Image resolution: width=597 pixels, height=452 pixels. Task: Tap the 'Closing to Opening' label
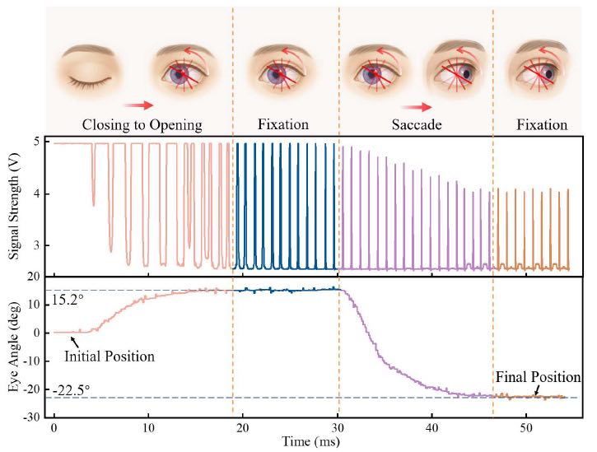(142, 124)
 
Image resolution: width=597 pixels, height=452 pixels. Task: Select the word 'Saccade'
(417, 124)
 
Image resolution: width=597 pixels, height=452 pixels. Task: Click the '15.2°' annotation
(68, 300)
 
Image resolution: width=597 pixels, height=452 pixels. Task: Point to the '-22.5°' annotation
(71, 391)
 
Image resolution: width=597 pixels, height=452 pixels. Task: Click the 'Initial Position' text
(110, 356)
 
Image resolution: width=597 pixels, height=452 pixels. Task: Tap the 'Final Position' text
(538, 377)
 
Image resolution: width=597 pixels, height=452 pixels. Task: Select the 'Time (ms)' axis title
(310, 442)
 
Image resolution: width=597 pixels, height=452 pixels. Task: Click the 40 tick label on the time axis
(431, 427)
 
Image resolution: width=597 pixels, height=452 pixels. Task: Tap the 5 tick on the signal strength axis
(37, 142)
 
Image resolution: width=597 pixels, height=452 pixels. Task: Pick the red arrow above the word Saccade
(417, 107)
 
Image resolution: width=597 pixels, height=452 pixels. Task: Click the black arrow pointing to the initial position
(76, 341)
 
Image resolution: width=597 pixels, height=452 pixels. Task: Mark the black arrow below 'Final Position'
(537, 390)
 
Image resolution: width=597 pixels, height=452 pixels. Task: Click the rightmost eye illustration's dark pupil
(548, 74)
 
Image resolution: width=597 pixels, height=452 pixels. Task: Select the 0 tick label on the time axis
(54, 427)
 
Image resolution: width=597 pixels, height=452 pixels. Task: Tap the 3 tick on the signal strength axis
(37, 245)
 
